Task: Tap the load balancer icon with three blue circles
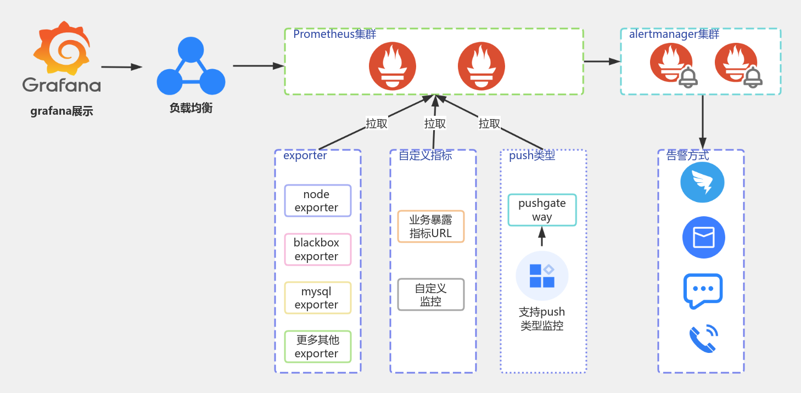[x=191, y=66]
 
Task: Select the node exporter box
[x=317, y=201]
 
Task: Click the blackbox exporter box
[x=317, y=249]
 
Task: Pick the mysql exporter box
[x=317, y=298]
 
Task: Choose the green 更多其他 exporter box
[x=317, y=346]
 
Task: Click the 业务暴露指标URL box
[x=431, y=226]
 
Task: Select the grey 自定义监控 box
[x=431, y=295]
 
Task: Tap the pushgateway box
[x=542, y=210]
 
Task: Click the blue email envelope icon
[x=703, y=238]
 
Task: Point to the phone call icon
[x=703, y=339]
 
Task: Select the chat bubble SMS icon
[x=703, y=290]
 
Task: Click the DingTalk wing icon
[x=702, y=183]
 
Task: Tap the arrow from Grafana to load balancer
[x=121, y=67]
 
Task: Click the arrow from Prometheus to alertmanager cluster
[x=602, y=61]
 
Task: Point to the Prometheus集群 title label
[x=334, y=34]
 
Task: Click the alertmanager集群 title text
[x=674, y=34]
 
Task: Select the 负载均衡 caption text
[x=191, y=108]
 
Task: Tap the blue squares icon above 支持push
[x=542, y=276]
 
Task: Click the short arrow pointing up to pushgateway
[x=542, y=237]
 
